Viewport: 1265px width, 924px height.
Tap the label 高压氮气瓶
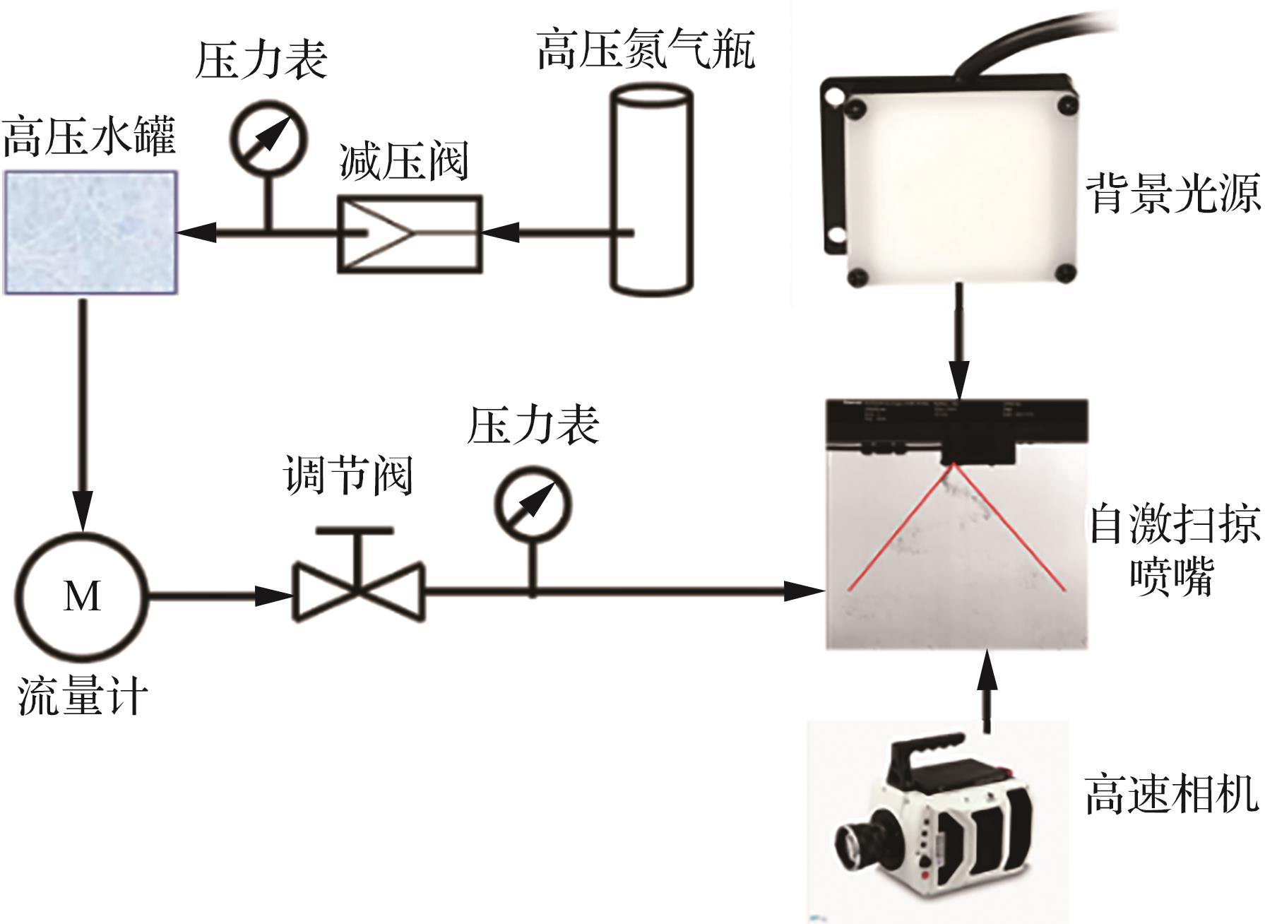pos(646,49)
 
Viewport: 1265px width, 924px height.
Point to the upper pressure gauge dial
pos(268,138)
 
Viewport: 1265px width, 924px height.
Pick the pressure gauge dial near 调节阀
pos(533,504)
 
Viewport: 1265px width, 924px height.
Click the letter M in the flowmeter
pos(83,596)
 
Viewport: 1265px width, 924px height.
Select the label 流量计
pos(83,697)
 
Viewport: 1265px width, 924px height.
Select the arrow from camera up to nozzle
pos(987,692)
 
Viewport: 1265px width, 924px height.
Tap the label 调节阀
pos(348,475)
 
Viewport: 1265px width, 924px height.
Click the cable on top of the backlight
pos(1024,39)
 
